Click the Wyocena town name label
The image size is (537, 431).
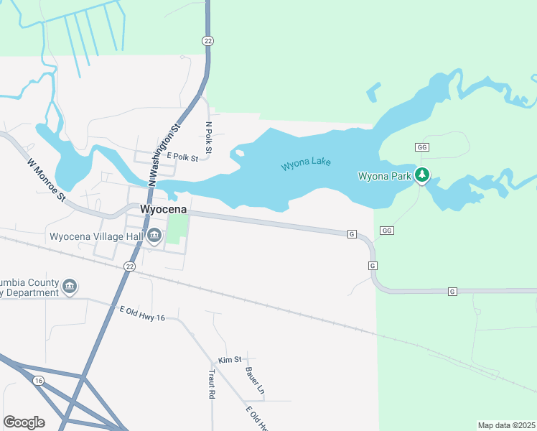(x=164, y=209)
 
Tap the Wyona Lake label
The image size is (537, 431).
(x=306, y=163)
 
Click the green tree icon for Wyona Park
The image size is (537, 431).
(x=423, y=174)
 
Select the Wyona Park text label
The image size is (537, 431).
(x=385, y=175)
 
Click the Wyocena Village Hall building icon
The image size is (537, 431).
(x=154, y=236)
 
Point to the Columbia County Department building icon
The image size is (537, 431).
(x=70, y=287)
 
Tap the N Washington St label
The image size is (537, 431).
(x=163, y=156)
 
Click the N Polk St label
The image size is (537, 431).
(x=209, y=138)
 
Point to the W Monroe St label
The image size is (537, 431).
(x=47, y=180)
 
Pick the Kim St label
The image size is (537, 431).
(x=229, y=358)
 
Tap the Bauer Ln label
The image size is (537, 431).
(x=255, y=381)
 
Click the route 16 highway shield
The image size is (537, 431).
(x=38, y=381)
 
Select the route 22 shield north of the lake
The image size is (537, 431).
(x=207, y=41)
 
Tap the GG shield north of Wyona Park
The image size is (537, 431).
(x=422, y=147)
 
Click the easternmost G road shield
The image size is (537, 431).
(x=452, y=291)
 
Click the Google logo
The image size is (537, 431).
(x=24, y=422)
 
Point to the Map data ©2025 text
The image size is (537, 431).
(x=506, y=425)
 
